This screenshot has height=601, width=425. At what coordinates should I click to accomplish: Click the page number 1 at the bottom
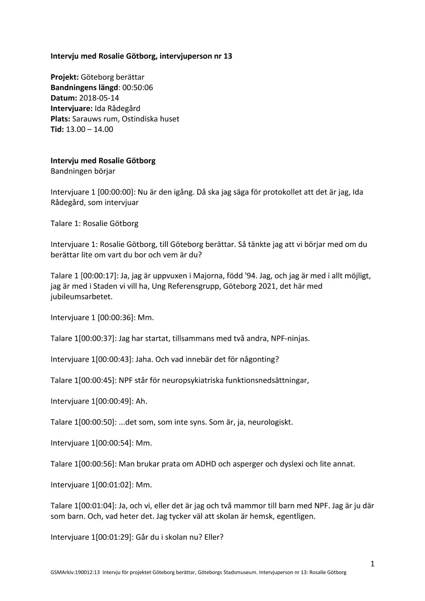coord(373,564)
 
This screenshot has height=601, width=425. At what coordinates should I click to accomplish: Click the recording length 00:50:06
coord(138,87)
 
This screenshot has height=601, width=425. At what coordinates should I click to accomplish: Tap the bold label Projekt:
coord(65,77)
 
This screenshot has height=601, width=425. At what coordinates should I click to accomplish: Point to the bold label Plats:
coord(61,118)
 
